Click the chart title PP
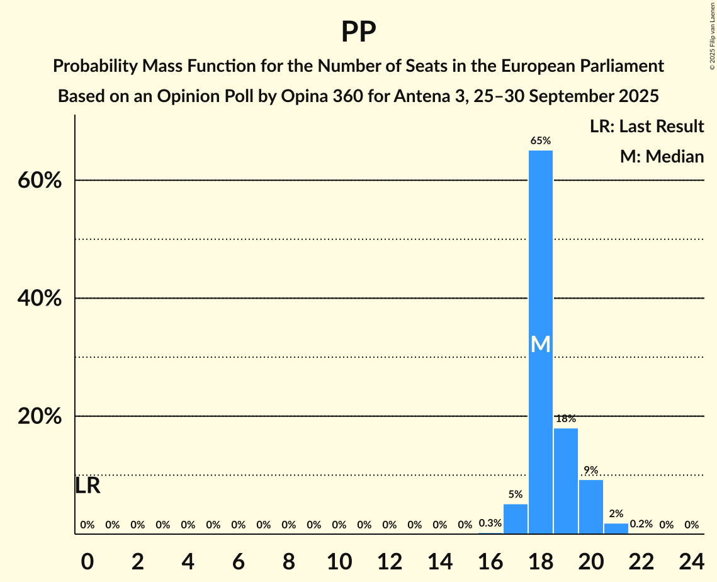pos(358,32)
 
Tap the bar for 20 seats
pos(591,506)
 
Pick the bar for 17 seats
pos(516,519)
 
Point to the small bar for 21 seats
pos(616,528)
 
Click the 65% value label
pos(541,141)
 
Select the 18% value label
pos(566,419)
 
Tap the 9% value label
pos(591,471)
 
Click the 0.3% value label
pos(490,523)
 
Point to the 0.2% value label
pos(641,524)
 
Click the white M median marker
pos(541,345)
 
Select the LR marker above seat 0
pos(88,486)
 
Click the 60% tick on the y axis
pos(40,181)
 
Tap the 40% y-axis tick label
pos(40,299)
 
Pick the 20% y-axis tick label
pos(40,417)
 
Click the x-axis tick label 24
pos(692,560)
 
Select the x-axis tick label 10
pos(339,560)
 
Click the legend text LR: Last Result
pos(646,127)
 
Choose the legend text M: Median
pos(662,156)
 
